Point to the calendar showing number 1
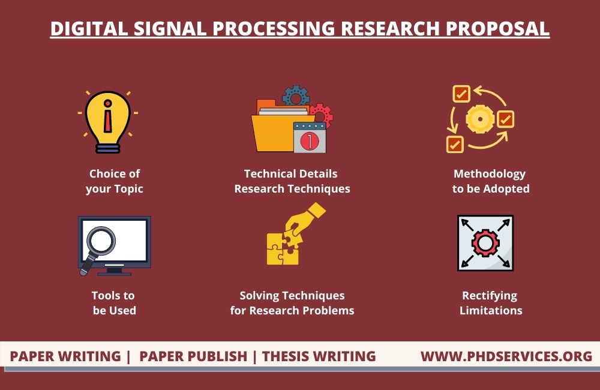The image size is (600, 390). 309,137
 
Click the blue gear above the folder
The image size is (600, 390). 295,96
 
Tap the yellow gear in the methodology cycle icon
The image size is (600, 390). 480,119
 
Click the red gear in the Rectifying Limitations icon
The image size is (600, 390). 485,243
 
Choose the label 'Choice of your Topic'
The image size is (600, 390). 115,181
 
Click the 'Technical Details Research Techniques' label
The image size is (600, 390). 292,181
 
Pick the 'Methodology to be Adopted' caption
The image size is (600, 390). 490,181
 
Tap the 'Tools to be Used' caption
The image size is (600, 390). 113,303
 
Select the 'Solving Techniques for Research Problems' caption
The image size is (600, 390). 292,303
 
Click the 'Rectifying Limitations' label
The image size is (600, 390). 490,303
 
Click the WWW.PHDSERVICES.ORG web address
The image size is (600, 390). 506,356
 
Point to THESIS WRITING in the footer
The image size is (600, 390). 319,356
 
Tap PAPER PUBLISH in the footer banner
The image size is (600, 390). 193,356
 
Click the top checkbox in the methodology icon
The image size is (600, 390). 461,94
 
